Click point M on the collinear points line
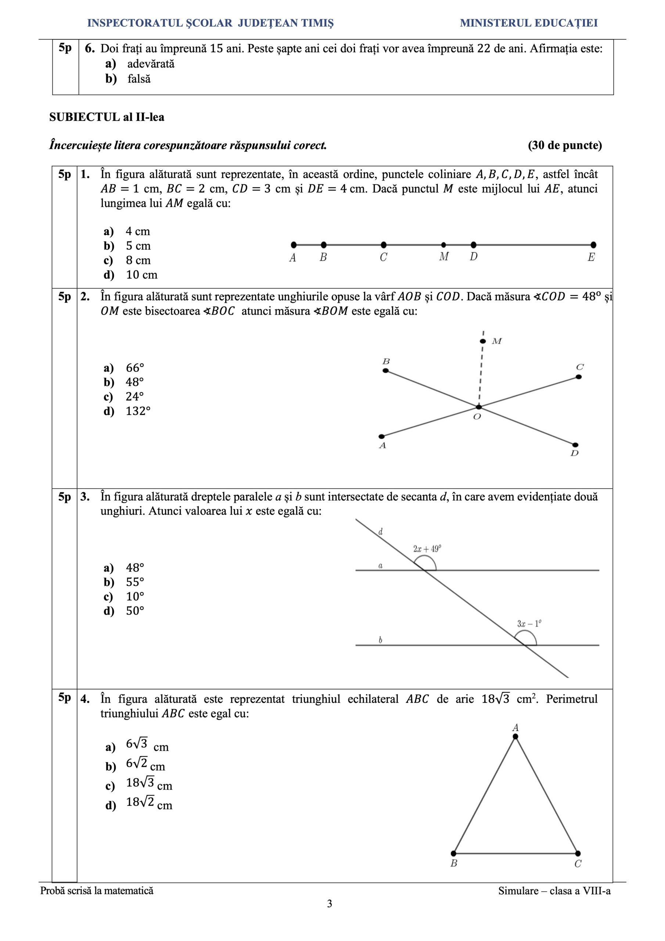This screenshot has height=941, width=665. [443, 245]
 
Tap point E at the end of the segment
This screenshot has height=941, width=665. [593, 245]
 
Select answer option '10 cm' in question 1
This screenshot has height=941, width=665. [141, 275]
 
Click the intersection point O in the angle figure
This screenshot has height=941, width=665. [479, 407]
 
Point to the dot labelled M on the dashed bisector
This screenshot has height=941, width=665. [483, 341]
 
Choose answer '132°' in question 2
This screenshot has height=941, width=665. [138, 411]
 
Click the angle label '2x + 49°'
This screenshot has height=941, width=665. [427, 549]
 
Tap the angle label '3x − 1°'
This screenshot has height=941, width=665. [529, 624]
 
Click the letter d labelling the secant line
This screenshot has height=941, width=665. [381, 532]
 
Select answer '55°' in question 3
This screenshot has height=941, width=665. [135, 582]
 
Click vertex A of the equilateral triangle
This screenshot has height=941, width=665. [515, 737]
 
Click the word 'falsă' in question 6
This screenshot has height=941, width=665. [139, 79]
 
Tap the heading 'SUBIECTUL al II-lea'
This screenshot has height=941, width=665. [107, 117]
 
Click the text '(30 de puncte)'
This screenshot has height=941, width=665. [565, 145]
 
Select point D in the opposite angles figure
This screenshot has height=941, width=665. [575, 445]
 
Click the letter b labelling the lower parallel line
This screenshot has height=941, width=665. [380, 640]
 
